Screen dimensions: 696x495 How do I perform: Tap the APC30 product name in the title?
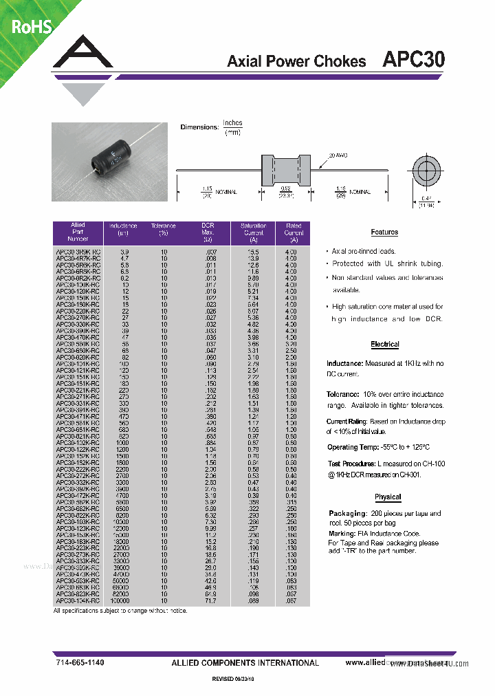pyautogui.click(x=413, y=60)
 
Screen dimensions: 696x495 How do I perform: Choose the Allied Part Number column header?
pyautogui.click(x=78, y=232)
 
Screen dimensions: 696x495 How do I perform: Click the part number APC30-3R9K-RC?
pyautogui.click(x=78, y=252)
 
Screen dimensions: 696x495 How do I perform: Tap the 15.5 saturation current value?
pyautogui.click(x=253, y=252)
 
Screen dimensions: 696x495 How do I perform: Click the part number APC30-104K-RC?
pyautogui.click(x=78, y=601)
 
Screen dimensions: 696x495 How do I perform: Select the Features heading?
pyautogui.click(x=384, y=232)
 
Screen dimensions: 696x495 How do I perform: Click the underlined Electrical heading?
pyautogui.click(x=384, y=344)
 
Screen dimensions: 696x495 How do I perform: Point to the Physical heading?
pyautogui.click(x=388, y=497)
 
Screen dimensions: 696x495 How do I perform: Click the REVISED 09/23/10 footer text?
pyautogui.click(x=237, y=679)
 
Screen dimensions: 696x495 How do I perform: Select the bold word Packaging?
pyautogui.click(x=346, y=513)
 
